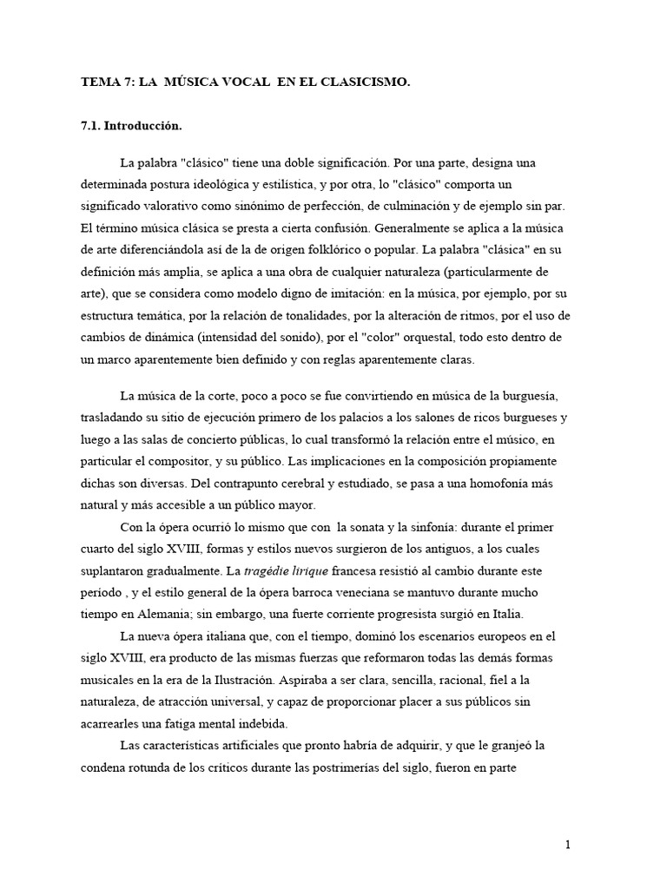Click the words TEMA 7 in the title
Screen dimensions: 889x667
click(99, 82)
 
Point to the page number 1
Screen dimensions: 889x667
click(567, 845)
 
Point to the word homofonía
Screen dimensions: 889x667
click(489, 481)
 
